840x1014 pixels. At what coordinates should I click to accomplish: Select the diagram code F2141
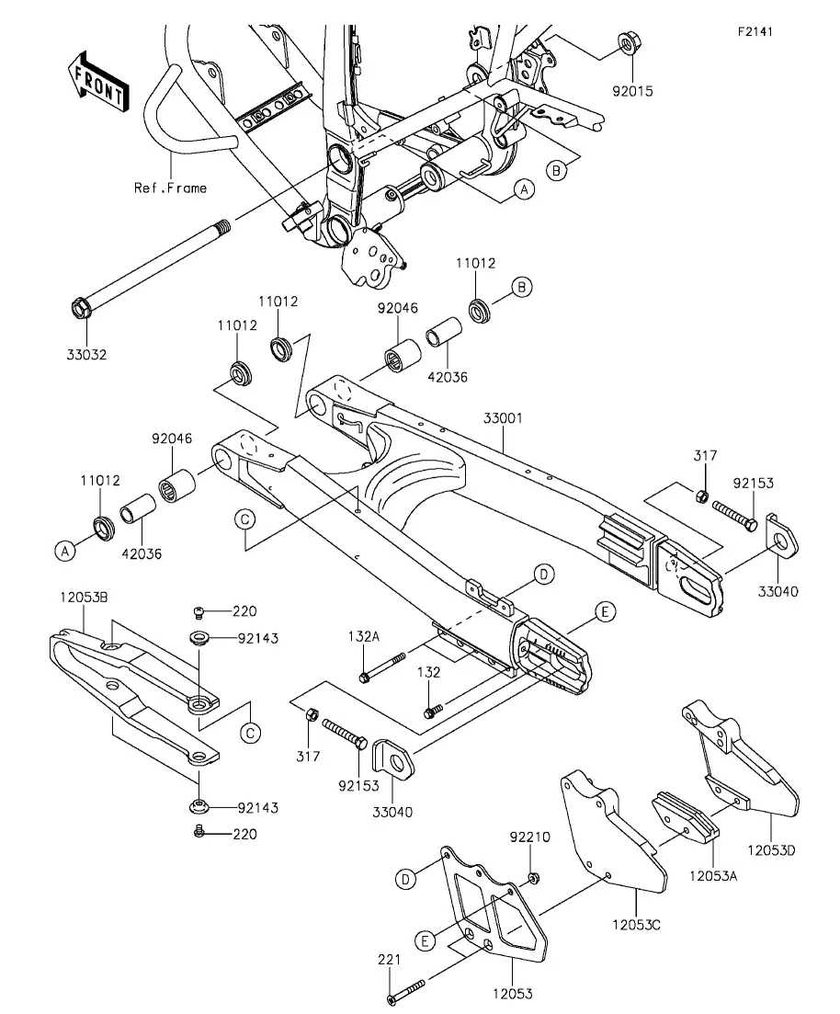[x=755, y=31]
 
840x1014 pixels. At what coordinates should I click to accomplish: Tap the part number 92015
[x=634, y=92]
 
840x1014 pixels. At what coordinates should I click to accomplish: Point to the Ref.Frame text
[x=170, y=188]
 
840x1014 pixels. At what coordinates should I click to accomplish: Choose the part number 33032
[x=85, y=355]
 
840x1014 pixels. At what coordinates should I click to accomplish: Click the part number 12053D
[x=770, y=850]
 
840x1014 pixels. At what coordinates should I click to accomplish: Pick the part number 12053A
[x=713, y=876]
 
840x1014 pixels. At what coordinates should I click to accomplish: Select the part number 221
[x=390, y=959]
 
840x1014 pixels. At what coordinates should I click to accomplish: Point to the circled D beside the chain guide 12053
[x=405, y=880]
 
